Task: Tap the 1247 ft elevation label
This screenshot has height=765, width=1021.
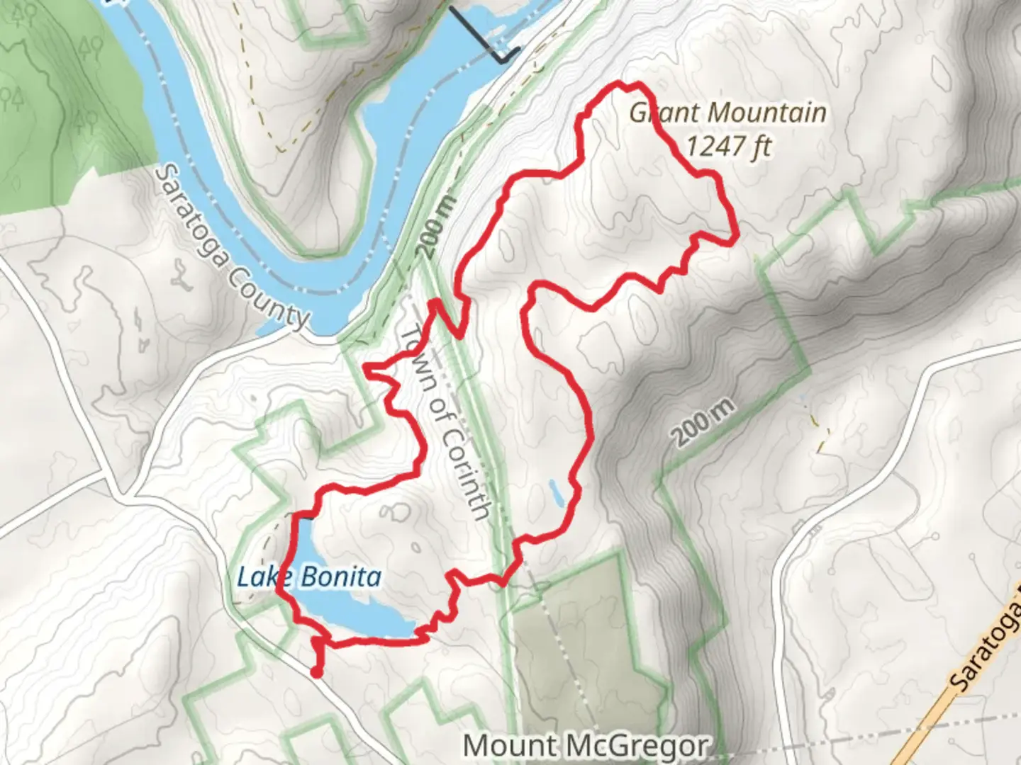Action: tap(727, 147)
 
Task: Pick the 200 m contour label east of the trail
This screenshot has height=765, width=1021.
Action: tap(703, 422)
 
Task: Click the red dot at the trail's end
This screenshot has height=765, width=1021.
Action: tap(316, 671)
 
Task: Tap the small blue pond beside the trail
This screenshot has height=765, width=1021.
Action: tap(557, 494)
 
